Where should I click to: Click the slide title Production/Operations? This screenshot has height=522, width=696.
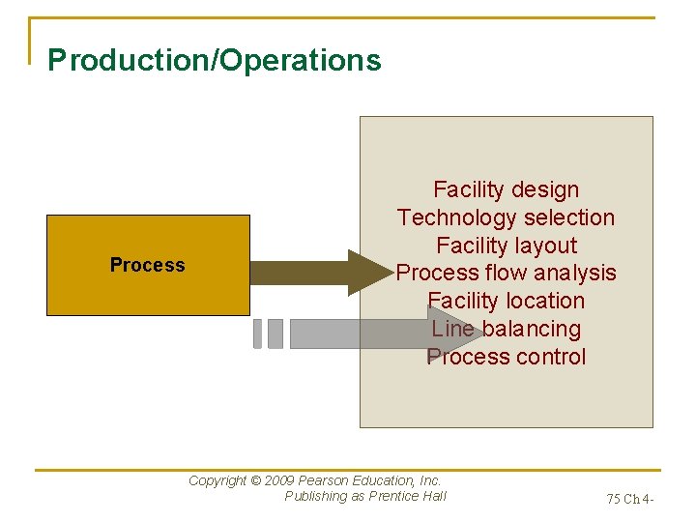pyautogui.click(x=215, y=60)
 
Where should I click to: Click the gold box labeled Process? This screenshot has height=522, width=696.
pyautogui.click(x=148, y=265)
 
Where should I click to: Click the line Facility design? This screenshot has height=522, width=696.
pyautogui.click(x=506, y=189)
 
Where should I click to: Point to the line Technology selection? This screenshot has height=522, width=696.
pyautogui.click(x=506, y=217)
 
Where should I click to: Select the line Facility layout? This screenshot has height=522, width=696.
pyautogui.click(x=506, y=246)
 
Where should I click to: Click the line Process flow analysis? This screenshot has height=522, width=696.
pyautogui.click(x=506, y=273)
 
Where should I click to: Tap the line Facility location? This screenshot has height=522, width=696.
pyautogui.click(x=506, y=301)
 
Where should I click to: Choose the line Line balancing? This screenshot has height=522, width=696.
pyautogui.click(x=506, y=329)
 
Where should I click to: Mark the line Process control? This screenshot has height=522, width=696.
pyautogui.click(x=506, y=357)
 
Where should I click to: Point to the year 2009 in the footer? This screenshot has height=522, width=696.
pyautogui.click(x=278, y=480)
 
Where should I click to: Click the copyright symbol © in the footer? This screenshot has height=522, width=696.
pyautogui.click(x=255, y=480)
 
